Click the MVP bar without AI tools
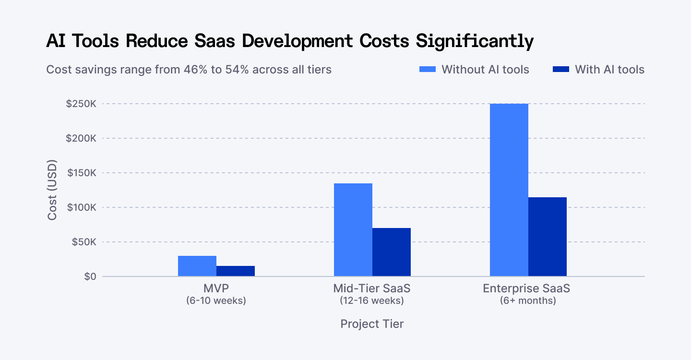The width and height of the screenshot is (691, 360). pos(197,266)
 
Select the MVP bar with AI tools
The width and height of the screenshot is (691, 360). pos(236,271)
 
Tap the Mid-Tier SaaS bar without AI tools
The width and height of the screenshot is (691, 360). pos(353,230)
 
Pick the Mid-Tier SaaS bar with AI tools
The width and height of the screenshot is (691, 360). pos(392,252)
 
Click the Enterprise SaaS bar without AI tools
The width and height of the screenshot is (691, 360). pos(509,190)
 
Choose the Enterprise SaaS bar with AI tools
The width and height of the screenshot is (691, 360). pos(548,237)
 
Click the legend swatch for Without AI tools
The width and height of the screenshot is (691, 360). pos(428,70)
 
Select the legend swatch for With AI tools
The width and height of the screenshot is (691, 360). pos(560,70)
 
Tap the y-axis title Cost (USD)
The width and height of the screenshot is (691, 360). pos(52,190)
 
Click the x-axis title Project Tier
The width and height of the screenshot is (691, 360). pos(372,324)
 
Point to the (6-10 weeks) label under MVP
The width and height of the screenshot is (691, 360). pos(216,301)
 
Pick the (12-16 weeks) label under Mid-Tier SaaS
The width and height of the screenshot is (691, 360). pos(372,301)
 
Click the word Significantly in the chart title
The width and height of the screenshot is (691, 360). pos(475,42)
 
